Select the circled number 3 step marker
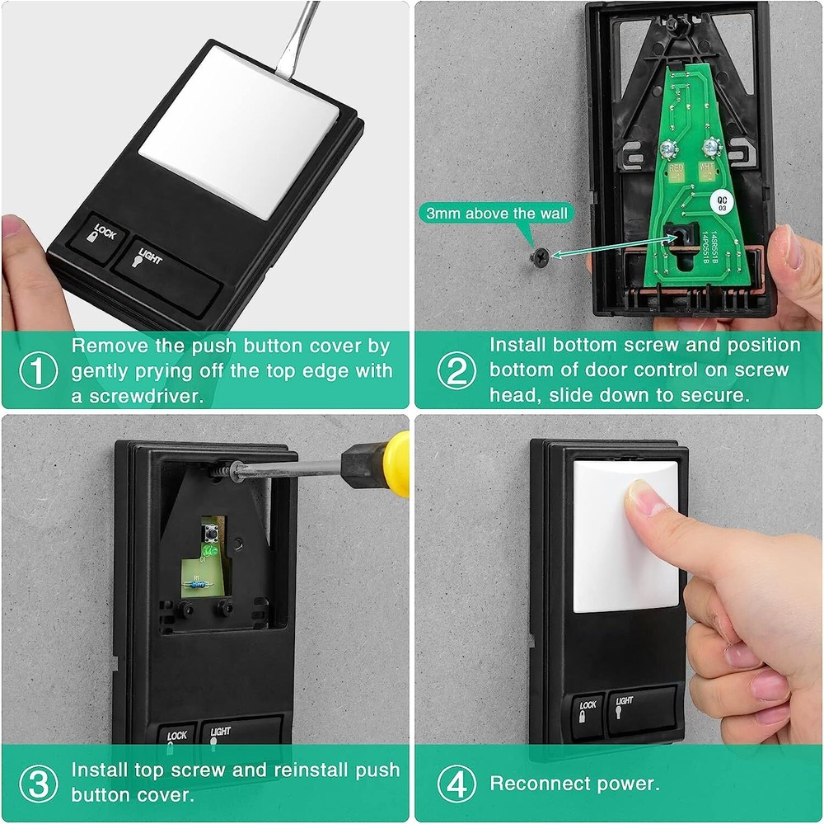pyautogui.click(x=39, y=782)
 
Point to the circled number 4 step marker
pyautogui.click(x=456, y=782)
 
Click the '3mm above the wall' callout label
pyautogui.click(x=497, y=214)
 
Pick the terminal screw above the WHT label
pyautogui.click(x=707, y=149)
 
